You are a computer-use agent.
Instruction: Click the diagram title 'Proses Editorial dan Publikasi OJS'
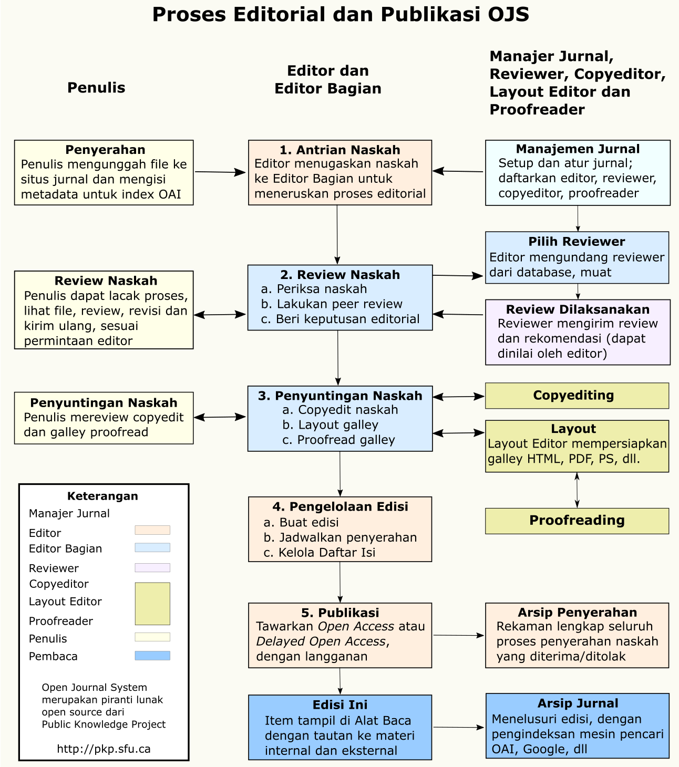click(340, 15)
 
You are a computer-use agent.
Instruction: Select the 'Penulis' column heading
click(96, 88)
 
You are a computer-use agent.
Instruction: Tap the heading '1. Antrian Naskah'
click(339, 150)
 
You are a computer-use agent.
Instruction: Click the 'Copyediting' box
click(577, 396)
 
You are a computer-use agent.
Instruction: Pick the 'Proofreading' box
click(577, 521)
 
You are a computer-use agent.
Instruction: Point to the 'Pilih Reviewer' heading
click(577, 242)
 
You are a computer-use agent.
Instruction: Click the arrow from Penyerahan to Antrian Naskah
click(220, 172)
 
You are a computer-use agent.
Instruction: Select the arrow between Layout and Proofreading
click(577, 490)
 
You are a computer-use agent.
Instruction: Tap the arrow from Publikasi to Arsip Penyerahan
click(458, 636)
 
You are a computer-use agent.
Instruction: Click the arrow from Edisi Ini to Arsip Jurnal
click(458, 728)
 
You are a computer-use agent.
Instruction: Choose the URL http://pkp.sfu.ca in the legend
click(104, 749)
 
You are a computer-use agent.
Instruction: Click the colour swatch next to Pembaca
click(152, 656)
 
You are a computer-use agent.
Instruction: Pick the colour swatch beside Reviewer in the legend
click(152, 568)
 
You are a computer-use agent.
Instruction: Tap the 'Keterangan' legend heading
click(102, 496)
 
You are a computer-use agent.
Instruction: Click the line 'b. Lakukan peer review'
click(332, 304)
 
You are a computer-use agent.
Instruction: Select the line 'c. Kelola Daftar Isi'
click(320, 553)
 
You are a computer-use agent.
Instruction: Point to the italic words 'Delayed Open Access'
click(321, 641)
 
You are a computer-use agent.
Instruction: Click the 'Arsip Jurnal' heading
click(578, 703)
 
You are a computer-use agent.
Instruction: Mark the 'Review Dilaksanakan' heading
click(578, 309)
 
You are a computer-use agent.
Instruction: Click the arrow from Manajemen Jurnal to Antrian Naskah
click(458, 171)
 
